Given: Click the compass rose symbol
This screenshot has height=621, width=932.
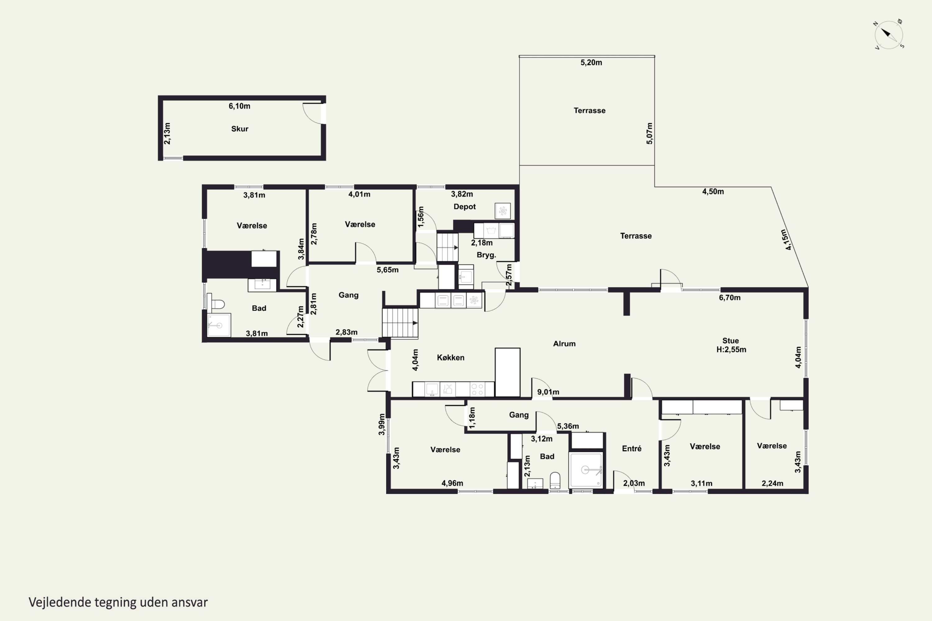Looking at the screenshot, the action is pos(889,35).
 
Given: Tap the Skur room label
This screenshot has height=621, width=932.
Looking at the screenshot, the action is pos(240,129).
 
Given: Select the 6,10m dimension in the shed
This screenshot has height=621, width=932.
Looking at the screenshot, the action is pos(239,106).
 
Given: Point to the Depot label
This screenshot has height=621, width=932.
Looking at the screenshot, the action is pos(464,206).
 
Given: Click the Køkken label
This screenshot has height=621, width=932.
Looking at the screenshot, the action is pos(450,357).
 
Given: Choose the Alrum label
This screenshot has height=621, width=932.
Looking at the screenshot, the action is pos(564,343).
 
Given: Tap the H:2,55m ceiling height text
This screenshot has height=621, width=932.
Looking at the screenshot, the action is pos(731,349).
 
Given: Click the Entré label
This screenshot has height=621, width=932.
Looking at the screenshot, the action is pos(632,448).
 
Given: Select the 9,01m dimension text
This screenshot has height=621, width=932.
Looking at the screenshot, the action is pos(548,392).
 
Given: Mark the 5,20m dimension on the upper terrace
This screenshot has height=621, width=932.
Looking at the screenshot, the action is pos(591,62).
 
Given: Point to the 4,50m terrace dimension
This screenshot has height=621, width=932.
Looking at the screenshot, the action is pos(713,191).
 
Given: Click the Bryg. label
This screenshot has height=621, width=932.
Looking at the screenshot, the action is pos(486,255).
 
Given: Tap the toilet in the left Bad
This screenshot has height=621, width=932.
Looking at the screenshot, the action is pos(216,304).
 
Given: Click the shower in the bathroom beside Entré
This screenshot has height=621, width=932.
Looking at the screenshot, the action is pos(586,470).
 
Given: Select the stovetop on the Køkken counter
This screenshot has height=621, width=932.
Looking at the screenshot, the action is pos(477,389).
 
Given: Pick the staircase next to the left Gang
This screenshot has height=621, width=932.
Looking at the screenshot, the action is pos(400,323).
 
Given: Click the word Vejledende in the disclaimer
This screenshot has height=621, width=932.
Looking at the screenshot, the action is pos(60,602).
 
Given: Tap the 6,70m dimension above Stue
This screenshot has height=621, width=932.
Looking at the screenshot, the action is pos(729,297).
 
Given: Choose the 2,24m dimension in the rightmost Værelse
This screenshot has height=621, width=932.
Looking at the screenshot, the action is pos(772,483).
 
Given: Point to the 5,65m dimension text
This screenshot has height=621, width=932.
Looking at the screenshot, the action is pos(387,270).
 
